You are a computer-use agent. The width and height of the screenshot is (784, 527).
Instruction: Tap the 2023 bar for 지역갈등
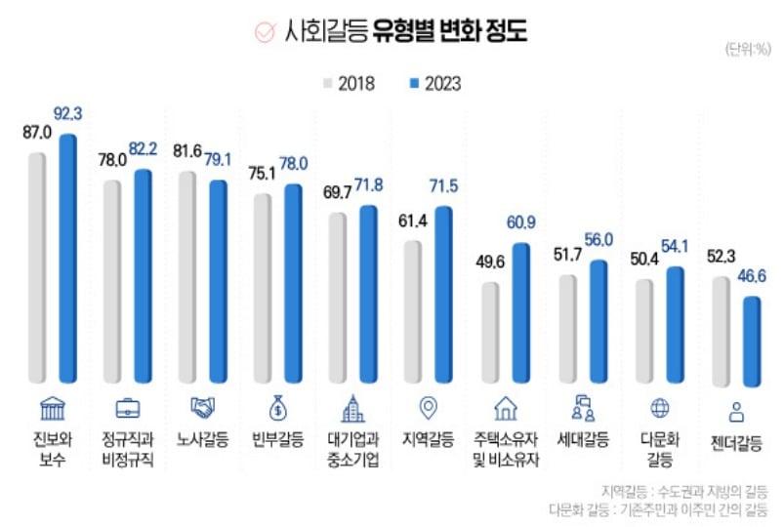point(444,295)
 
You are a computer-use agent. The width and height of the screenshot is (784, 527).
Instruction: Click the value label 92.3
point(67,115)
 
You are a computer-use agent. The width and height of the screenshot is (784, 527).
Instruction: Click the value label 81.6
point(187,152)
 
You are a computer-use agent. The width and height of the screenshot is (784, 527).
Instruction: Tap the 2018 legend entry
point(348,84)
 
